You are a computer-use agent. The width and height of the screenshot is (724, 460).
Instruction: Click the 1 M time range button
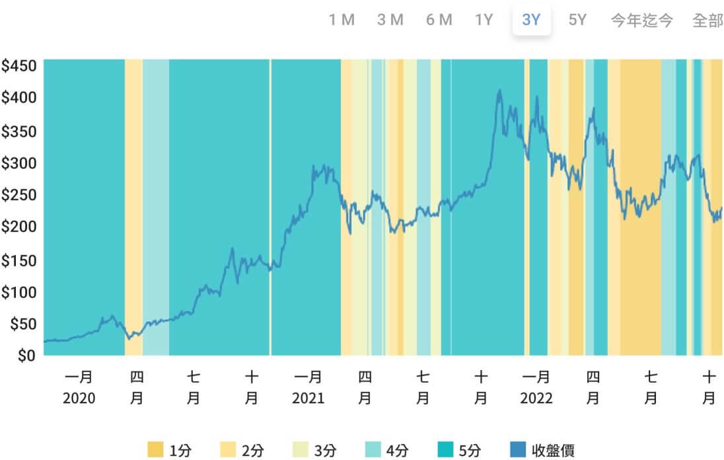tap(342, 20)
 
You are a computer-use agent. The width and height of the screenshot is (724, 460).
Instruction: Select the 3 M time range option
tap(390, 20)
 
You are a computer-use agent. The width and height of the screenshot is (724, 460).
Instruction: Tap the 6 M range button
tap(439, 20)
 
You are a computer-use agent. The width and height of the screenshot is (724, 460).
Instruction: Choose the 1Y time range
tap(484, 20)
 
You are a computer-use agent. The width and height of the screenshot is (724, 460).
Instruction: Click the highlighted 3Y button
tap(531, 20)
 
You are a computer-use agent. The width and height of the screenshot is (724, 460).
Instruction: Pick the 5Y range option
tap(577, 20)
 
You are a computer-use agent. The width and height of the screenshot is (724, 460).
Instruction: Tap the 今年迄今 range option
tap(641, 20)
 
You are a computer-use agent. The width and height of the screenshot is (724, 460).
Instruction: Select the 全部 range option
tap(707, 20)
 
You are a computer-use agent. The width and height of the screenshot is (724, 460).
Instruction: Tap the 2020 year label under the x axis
tap(79, 399)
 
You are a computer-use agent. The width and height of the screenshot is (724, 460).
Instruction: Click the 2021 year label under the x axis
tap(308, 399)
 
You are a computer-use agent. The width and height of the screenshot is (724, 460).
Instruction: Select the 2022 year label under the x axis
tap(536, 399)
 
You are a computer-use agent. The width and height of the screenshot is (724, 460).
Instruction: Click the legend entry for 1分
tap(170, 451)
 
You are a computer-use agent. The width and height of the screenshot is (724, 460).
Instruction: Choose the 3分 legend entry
tap(315, 451)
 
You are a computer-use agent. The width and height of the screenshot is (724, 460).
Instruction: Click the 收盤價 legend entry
tap(542, 451)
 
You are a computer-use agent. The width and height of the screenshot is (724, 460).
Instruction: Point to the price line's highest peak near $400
tap(499, 91)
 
